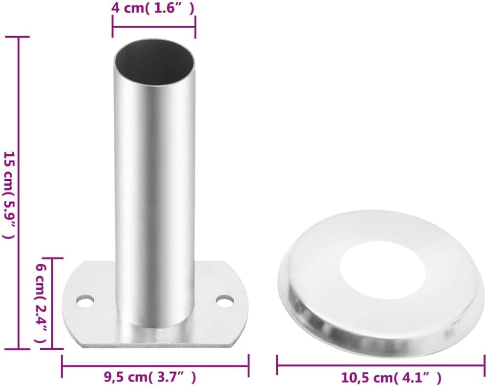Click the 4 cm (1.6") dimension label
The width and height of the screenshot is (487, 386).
[x=153, y=8]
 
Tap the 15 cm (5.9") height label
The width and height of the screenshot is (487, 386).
[x=9, y=195]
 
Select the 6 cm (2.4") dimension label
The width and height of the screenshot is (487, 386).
[x=40, y=303]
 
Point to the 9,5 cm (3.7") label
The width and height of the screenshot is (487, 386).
[x=149, y=378]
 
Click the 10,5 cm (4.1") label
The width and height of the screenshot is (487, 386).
[x=391, y=378]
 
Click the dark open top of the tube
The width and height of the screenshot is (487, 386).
[x=154, y=62]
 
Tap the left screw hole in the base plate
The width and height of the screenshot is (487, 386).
[x=85, y=301]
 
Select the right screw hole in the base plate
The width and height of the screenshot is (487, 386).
[x=225, y=301]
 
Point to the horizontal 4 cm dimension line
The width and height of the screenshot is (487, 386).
[x=154, y=27]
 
